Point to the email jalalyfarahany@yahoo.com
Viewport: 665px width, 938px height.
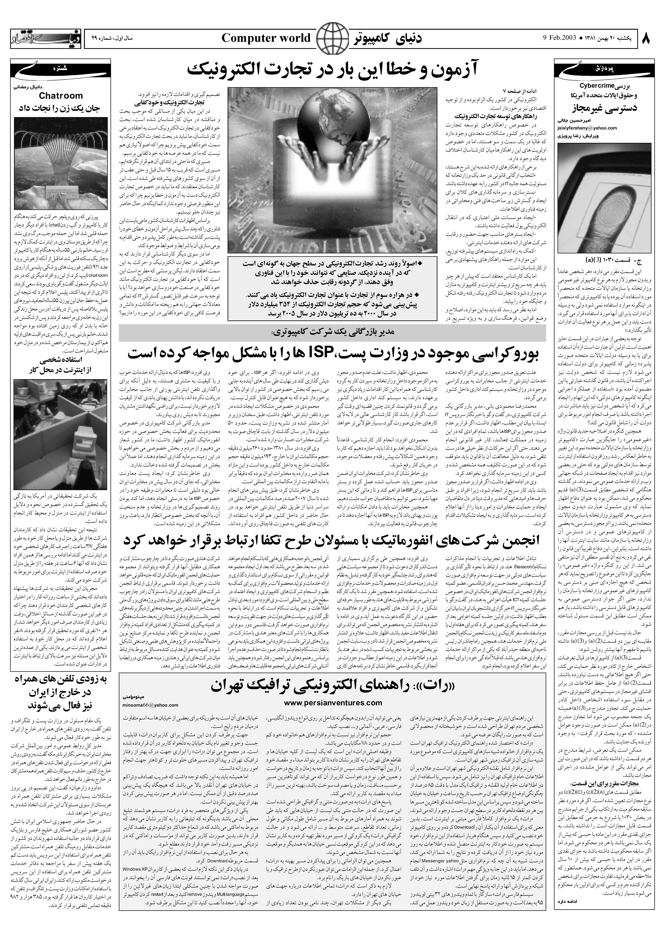point(587,128)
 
